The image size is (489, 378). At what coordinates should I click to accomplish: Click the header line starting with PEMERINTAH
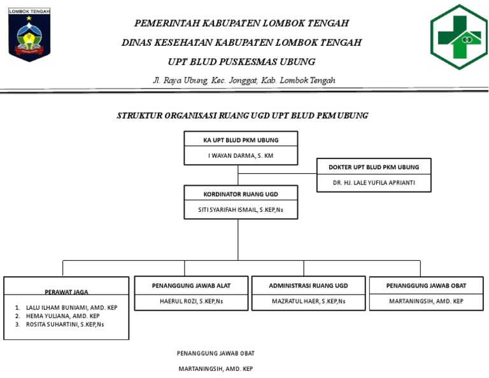point(241,23)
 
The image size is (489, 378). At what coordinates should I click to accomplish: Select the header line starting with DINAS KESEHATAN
point(241,43)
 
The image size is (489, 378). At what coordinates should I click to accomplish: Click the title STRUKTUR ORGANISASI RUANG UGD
point(242,116)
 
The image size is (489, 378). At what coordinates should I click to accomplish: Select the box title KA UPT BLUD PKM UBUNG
point(241,140)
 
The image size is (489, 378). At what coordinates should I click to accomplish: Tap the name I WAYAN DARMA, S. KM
point(241,155)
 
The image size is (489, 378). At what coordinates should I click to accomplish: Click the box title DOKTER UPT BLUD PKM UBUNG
point(374,167)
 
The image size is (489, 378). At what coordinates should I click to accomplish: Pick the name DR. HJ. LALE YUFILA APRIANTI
point(374,183)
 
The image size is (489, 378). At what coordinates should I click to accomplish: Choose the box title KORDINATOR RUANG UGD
point(241,193)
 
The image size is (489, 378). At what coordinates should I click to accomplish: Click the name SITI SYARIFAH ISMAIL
point(241,209)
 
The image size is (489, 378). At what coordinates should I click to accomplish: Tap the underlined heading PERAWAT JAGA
point(66,292)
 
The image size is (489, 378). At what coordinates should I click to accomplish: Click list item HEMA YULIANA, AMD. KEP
point(62,316)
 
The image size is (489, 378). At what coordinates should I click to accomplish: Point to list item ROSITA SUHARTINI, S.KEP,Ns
point(65,324)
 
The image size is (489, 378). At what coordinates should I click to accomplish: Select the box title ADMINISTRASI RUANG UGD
point(308,286)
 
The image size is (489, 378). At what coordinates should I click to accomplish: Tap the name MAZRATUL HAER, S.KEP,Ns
point(308,301)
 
